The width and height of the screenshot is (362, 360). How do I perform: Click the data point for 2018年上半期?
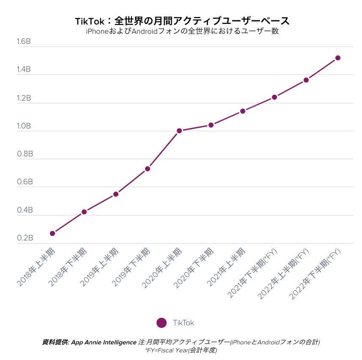pyautogui.click(x=52, y=233)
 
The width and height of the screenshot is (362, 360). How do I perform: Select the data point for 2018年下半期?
pyautogui.click(x=84, y=212)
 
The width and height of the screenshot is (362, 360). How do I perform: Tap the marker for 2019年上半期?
pyautogui.click(x=116, y=194)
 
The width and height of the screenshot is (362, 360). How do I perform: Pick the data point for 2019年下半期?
pyautogui.click(x=148, y=169)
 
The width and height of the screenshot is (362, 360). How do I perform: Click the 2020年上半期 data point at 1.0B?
pyautogui.click(x=179, y=131)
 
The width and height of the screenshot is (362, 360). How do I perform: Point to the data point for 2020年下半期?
pyautogui.click(x=211, y=125)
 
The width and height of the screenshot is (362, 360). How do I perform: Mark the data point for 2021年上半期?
pyautogui.click(x=243, y=111)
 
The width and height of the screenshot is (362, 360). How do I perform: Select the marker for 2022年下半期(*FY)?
pyautogui.click(x=338, y=58)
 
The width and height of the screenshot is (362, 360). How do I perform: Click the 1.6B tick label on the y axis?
pyautogui.click(x=24, y=42)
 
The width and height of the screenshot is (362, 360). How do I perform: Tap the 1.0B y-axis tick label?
pyautogui.click(x=24, y=126)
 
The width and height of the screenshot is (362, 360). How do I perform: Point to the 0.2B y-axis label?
pyautogui.click(x=25, y=238)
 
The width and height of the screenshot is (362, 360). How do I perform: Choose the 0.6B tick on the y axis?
pyautogui.click(x=25, y=182)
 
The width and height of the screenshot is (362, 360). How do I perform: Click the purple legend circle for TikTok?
pyautogui.click(x=161, y=322)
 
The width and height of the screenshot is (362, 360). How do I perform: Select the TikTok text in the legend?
pyautogui.click(x=183, y=323)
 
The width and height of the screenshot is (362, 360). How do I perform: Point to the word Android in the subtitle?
pyautogui.click(x=146, y=31)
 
